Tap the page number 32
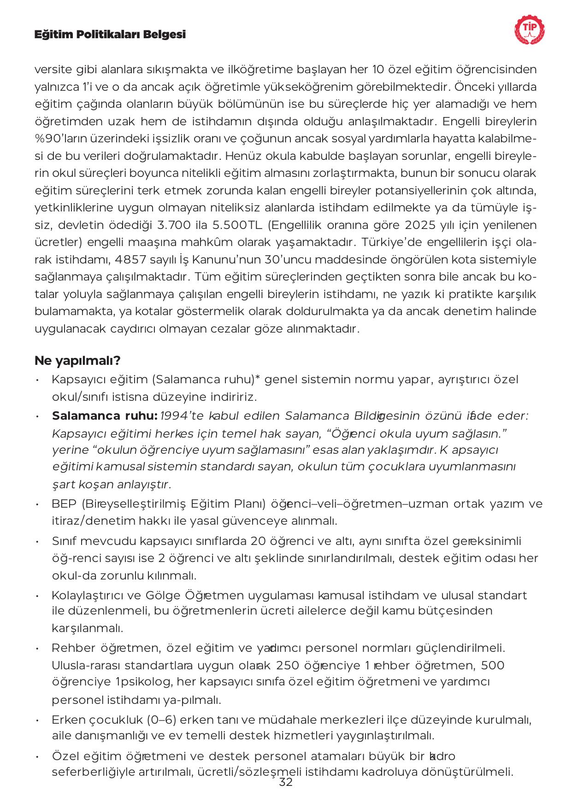[286, 782]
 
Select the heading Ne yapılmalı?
[77, 360]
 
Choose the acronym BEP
[65, 504]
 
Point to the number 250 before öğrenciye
[287, 666]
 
